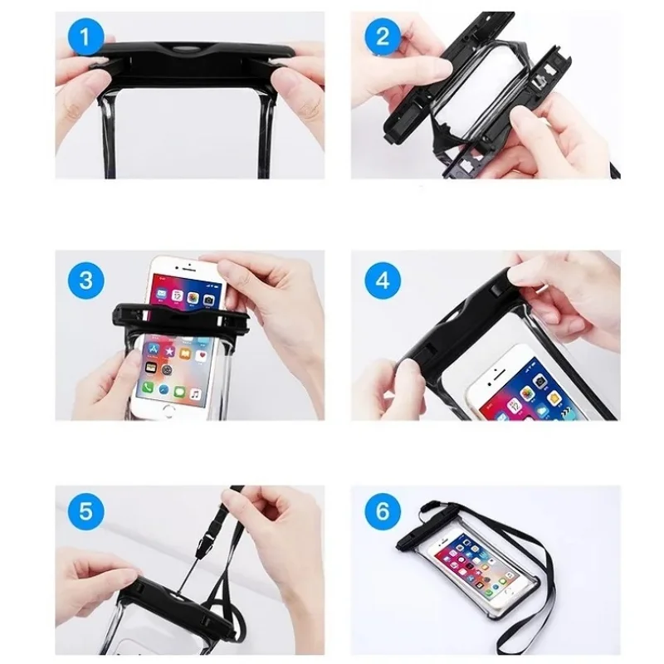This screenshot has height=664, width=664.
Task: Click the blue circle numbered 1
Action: [x=85, y=37]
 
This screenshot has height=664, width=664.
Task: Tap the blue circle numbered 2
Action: [x=383, y=37]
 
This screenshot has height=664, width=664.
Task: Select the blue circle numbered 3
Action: [x=85, y=281]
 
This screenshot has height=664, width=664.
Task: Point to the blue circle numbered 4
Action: [x=383, y=281]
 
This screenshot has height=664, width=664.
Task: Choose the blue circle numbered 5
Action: [x=85, y=511]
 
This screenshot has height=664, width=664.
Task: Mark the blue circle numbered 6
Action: [x=383, y=511]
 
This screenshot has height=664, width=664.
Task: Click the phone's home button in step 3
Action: [x=169, y=409]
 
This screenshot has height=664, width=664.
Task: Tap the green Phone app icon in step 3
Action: [x=148, y=386]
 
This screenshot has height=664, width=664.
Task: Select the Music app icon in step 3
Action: [x=195, y=394]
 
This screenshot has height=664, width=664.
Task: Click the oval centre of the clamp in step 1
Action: [x=185, y=49]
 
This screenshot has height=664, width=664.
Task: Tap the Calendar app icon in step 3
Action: [x=177, y=295]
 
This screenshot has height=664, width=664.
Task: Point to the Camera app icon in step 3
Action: [x=208, y=300]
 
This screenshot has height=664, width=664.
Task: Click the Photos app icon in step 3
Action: [x=193, y=298]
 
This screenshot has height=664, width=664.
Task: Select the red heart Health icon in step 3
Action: [x=203, y=356]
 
